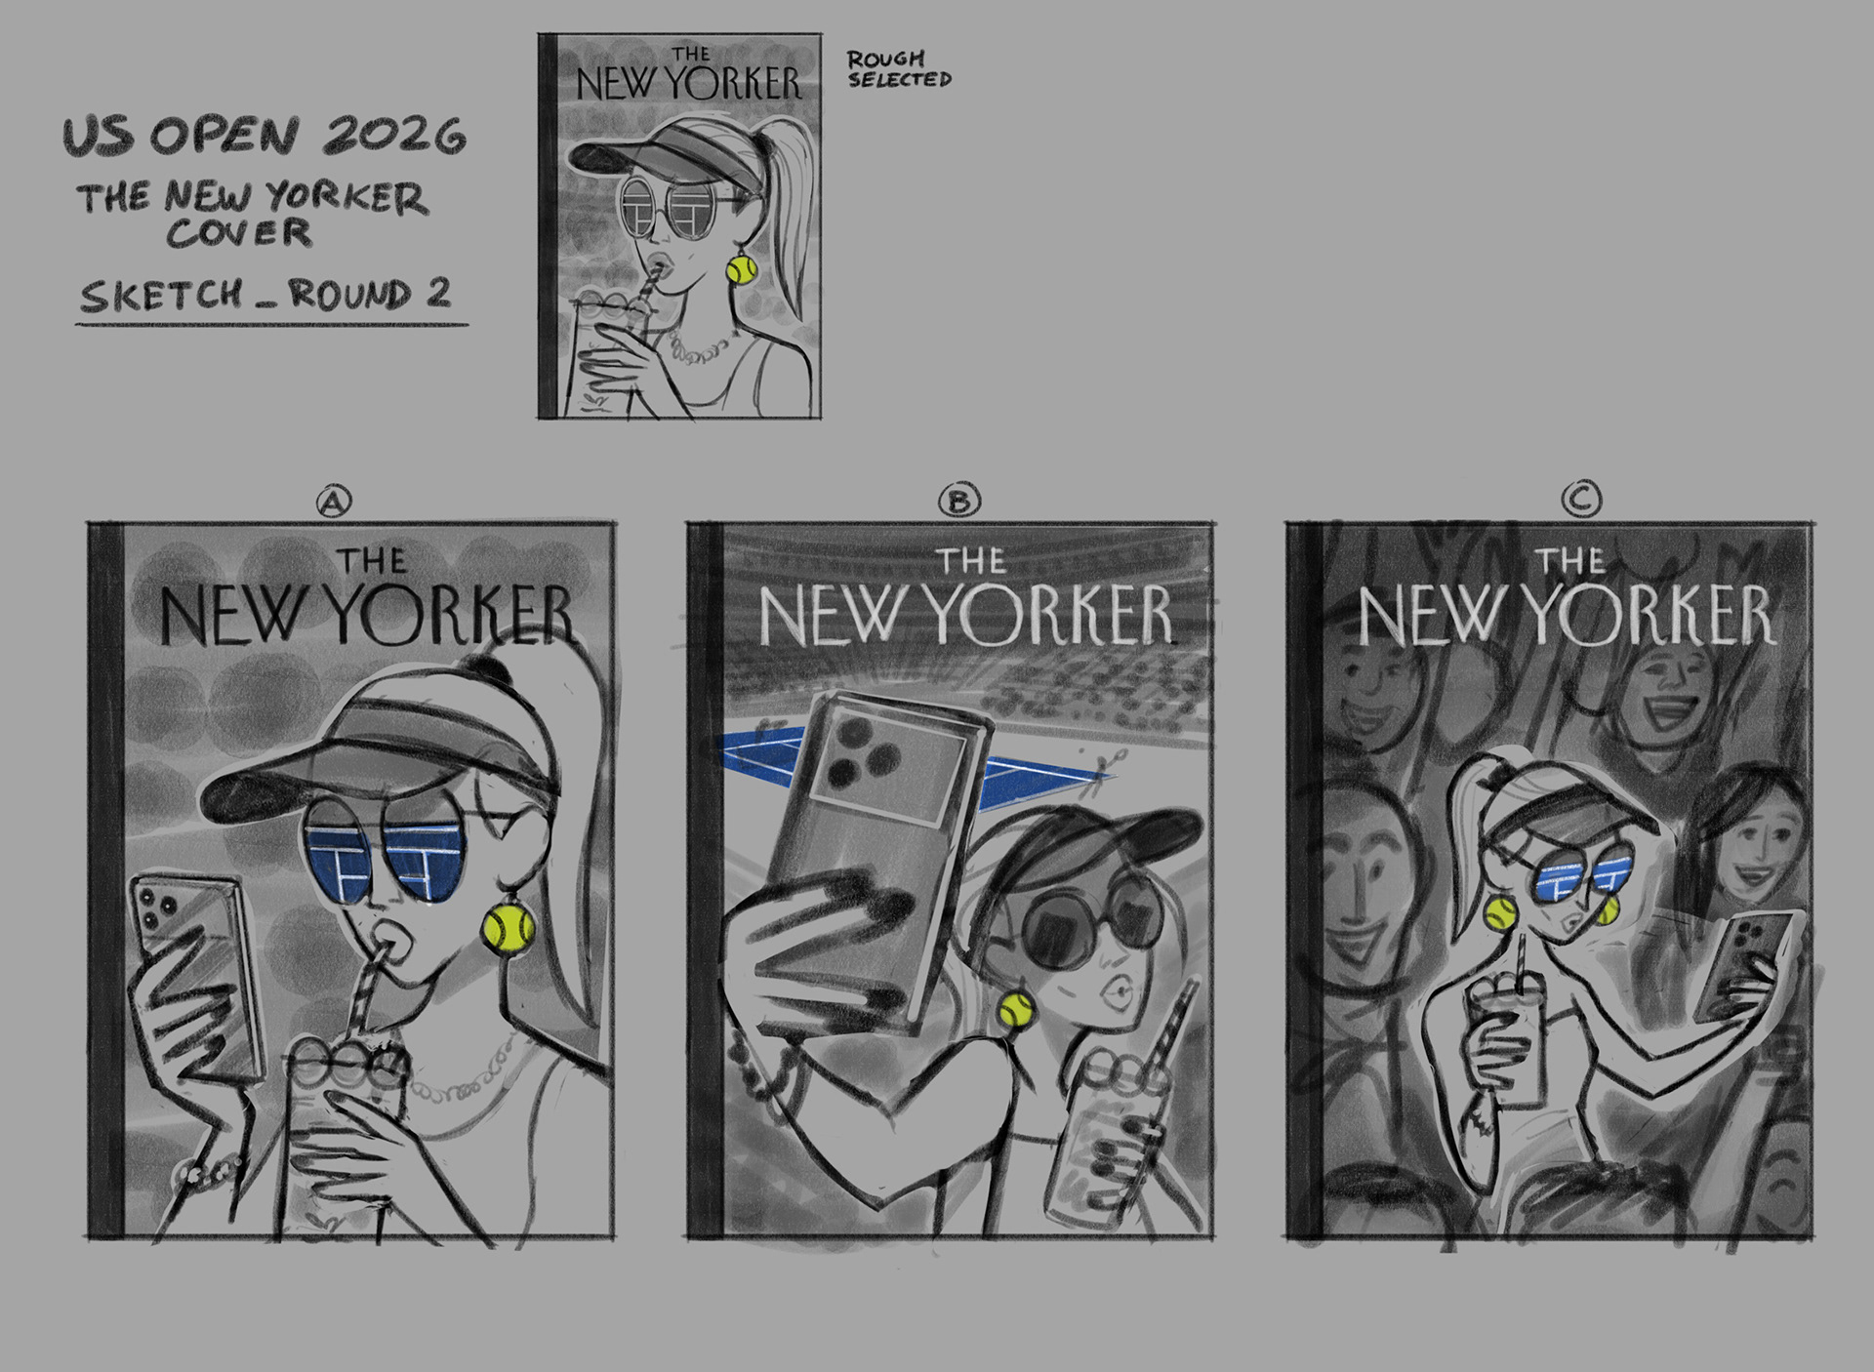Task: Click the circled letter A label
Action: coord(334,502)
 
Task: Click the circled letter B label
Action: coord(959,502)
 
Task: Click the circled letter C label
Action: coord(1581,501)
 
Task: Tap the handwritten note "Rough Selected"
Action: coord(898,70)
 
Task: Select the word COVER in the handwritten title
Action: coord(239,233)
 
